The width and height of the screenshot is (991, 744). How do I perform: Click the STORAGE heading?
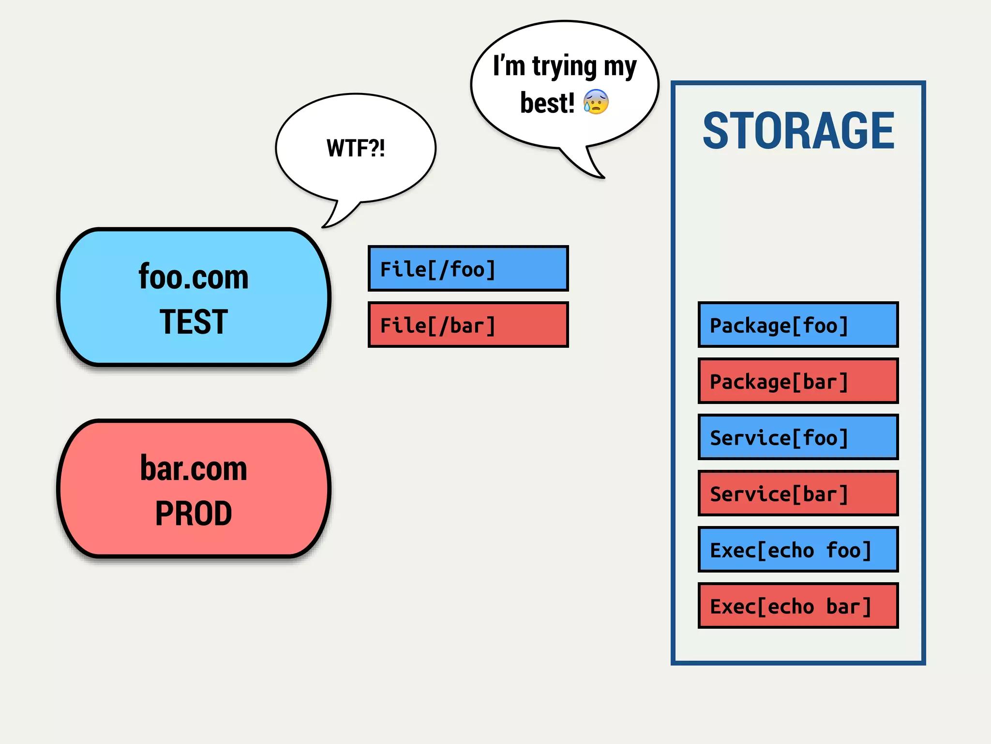pyautogui.click(x=798, y=131)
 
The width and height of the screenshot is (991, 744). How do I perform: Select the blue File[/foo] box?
pyautogui.click(x=468, y=269)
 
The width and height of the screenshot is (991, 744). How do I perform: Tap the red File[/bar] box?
pyautogui.click(x=468, y=325)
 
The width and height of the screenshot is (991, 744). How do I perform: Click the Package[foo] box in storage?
pyautogui.click(x=798, y=325)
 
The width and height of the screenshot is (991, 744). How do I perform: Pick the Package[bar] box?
pyautogui.click(x=798, y=381)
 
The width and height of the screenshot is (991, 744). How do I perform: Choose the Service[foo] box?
pyautogui.click(x=798, y=437)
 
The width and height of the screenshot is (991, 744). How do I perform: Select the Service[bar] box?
pyautogui.click(x=798, y=494)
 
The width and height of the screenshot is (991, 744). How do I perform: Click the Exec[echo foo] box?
pyautogui.click(x=798, y=550)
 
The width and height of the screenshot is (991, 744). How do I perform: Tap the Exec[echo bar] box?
pyautogui.click(x=798, y=606)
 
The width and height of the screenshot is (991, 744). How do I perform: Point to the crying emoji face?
pyautogui.click(x=596, y=102)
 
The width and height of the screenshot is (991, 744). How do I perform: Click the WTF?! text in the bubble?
pyautogui.click(x=356, y=148)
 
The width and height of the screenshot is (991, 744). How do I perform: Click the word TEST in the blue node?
pyautogui.click(x=194, y=322)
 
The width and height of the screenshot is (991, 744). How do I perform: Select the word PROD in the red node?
pyautogui.click(x=194, y=513)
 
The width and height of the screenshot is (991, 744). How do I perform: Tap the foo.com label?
pyautogui.click(x=194, y=277)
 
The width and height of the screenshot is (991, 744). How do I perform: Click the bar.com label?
pyautogui.click(x=194, y=469)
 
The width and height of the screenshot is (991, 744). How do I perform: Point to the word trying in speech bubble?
pyautogui.click(x=564, y=67)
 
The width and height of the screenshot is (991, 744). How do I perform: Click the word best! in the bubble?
pyautogui.click(x=547, y=103)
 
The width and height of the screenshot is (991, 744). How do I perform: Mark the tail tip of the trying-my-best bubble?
pyautogui.click(x=603, y=177)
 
